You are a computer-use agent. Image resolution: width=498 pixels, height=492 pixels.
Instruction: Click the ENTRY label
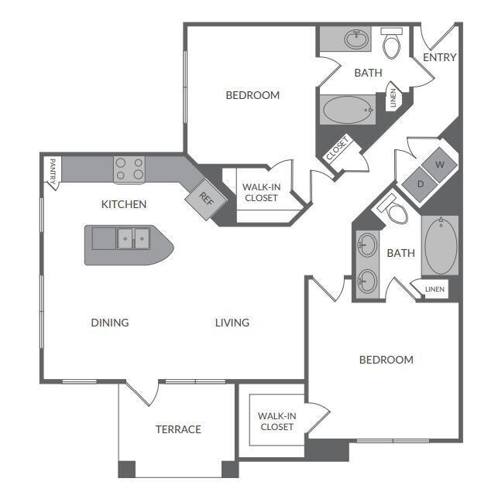(x=440, y=57)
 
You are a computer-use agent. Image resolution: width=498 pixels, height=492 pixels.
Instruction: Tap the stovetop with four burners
(x=129, y=169)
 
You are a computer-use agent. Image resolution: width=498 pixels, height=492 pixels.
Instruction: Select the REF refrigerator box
(x=205, y=197)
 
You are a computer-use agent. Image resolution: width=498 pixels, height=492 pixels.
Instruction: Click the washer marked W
(x=440, y=165)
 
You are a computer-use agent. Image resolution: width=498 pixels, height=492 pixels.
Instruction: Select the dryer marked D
(x=421, y=183)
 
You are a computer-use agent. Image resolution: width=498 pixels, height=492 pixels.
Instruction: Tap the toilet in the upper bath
(x=392, y=44)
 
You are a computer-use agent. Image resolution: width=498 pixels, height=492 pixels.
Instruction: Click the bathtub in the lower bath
(x=441, y=246)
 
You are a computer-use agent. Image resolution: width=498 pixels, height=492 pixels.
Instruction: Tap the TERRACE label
(x=178, y=429)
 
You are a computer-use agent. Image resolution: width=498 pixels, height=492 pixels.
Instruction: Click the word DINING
(x=109, y=323)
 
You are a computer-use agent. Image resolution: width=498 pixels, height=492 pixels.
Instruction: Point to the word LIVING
(x=232, y=323)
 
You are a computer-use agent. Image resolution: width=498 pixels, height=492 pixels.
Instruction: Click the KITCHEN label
(x=124, y=205)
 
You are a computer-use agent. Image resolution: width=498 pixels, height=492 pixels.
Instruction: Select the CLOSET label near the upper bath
(x=338, y=149)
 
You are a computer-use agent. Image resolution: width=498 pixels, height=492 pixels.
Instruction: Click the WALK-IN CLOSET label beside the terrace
(x=276, y=422)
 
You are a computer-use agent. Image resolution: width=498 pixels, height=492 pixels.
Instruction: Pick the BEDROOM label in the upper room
(x=252, y=95)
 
